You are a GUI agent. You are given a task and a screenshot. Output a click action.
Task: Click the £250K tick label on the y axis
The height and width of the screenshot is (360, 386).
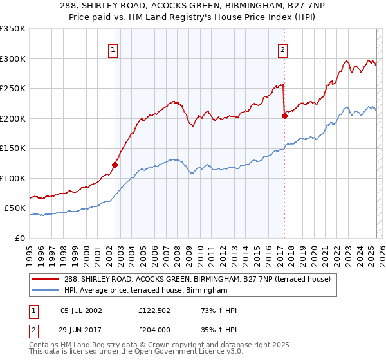pos(13,89)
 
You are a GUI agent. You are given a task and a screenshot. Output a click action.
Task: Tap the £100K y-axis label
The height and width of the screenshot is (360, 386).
pos(13,178)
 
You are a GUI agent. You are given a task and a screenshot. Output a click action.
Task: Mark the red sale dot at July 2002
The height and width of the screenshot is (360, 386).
pos(115,165)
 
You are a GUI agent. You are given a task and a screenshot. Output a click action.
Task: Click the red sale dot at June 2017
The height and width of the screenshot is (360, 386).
pos(284,116)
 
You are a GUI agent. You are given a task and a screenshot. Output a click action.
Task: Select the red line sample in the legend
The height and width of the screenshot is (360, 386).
pos(42,279)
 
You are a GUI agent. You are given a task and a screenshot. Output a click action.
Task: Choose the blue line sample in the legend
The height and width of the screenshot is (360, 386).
pos(42,291)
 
